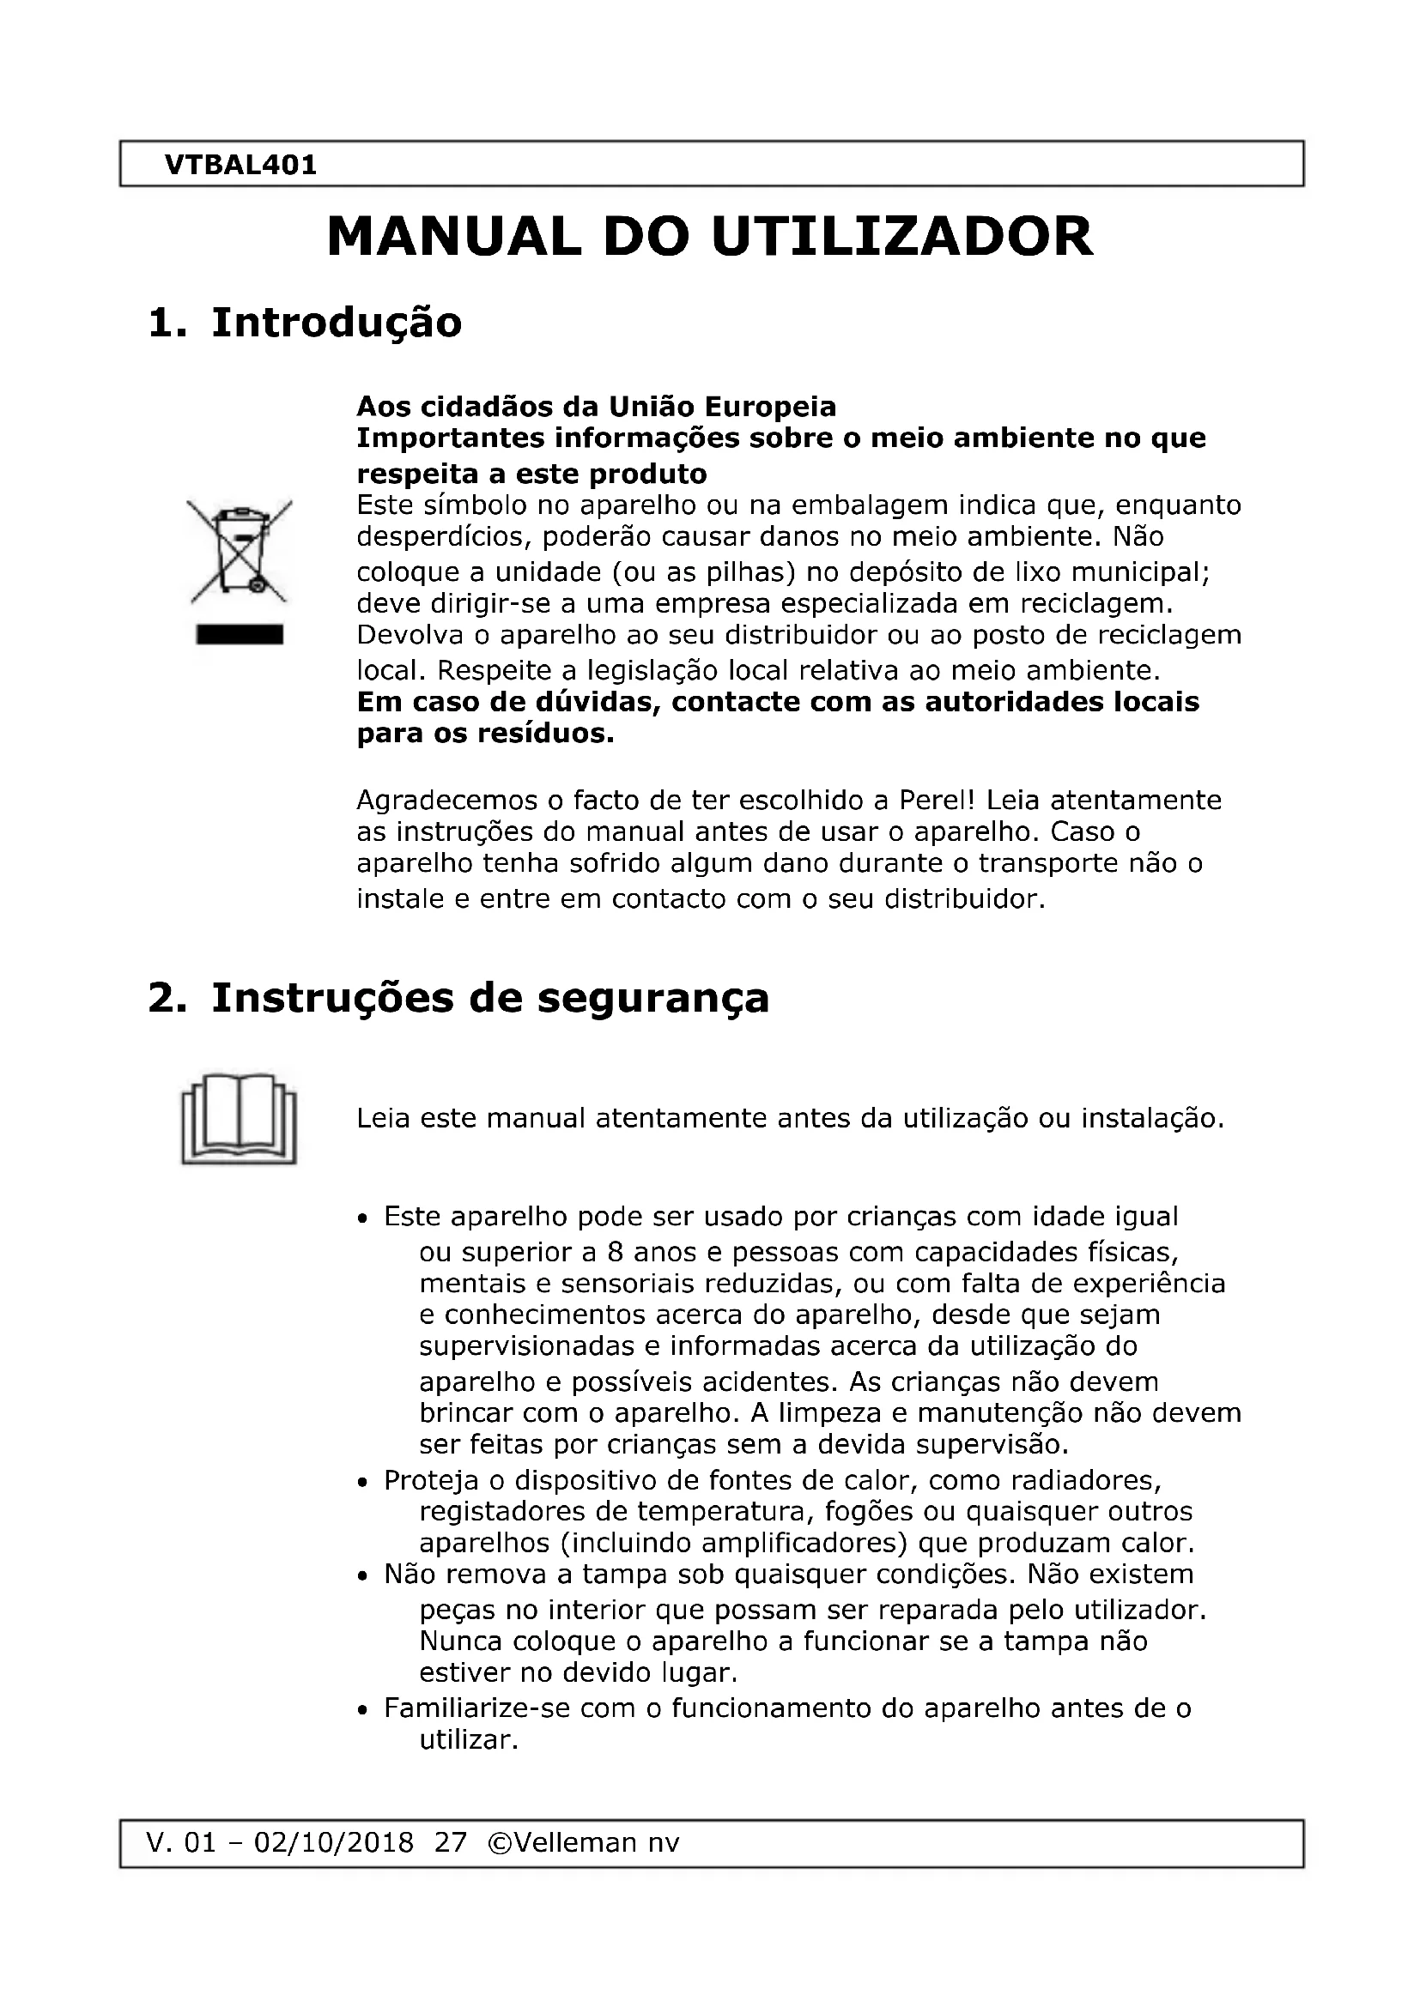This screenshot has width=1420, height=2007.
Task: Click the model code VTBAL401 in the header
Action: coord(240,166)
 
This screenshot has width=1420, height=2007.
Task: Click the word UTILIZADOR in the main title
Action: coord(902,237)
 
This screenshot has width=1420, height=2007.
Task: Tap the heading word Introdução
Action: coord(337,323)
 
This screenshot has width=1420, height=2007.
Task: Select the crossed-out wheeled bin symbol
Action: coord(240,550)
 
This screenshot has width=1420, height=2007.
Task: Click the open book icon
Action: coord(239,1118)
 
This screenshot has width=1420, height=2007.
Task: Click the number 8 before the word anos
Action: coord(615,1253)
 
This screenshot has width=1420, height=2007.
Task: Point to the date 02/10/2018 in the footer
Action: coord(333,1842)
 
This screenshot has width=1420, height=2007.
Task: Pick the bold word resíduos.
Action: coord(546,734)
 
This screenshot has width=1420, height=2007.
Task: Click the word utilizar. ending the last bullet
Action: coord(470,1740)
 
